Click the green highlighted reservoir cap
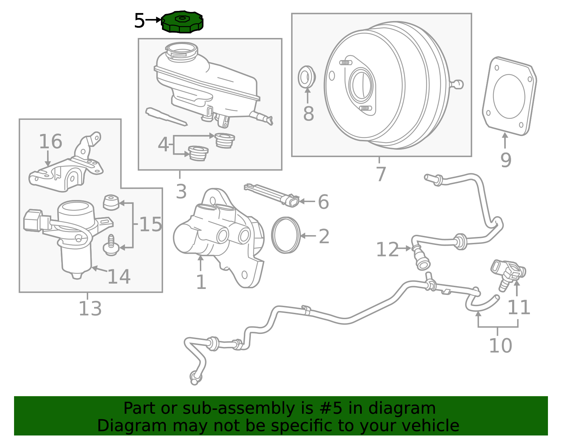coord(182,22)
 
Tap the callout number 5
coord(139,21)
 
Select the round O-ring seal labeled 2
coord(286,235)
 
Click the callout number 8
coord(308,114)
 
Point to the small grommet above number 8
coord(307,77)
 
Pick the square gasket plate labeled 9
coord(509,96)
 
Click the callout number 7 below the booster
coord(381,174)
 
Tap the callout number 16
coord(51,142)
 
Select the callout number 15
coord(151,224)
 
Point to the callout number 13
coord(90,309)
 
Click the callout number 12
coord(387,250)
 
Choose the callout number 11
coord(519,308)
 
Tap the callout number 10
coord(501,346)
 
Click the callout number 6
coord(323,202)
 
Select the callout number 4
coord(163,144)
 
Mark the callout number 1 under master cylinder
coord(201,282)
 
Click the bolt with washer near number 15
coord(111,245)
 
